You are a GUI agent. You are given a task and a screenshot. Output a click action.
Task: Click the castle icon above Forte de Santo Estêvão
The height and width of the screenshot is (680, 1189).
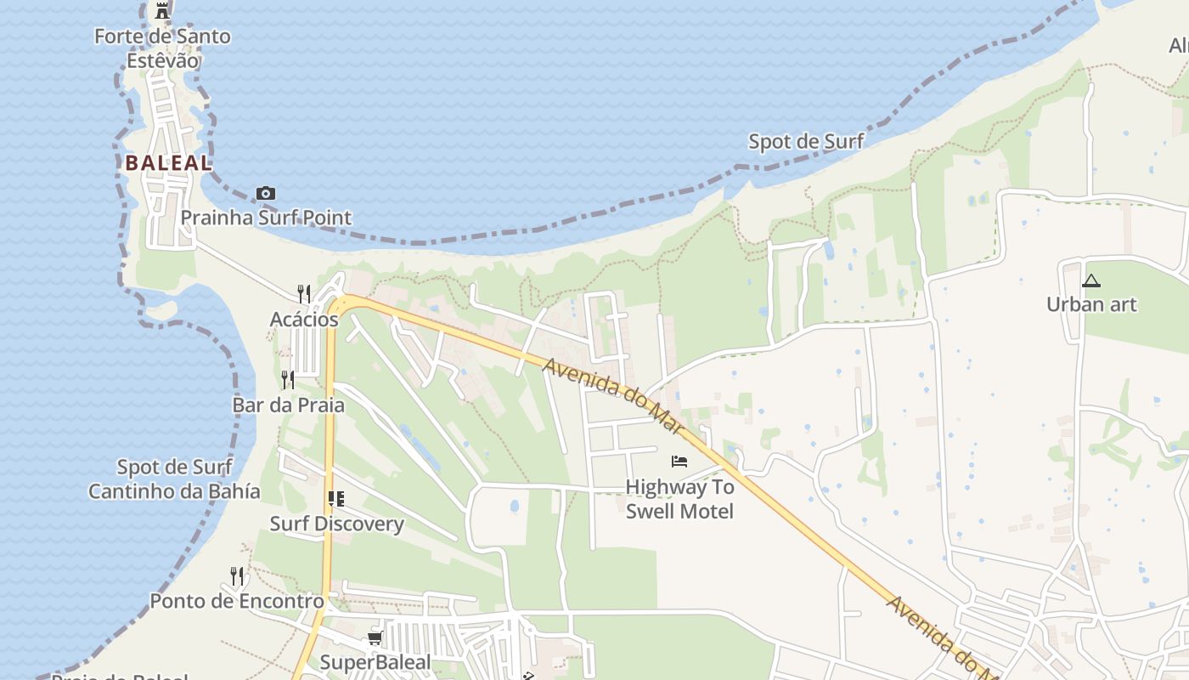(x=162, y=11)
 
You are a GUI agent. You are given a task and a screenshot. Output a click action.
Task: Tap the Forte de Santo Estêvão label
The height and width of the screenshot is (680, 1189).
(x=162, y=48)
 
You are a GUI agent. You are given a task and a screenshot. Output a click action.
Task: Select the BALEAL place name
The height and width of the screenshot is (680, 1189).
(x=168, y=163)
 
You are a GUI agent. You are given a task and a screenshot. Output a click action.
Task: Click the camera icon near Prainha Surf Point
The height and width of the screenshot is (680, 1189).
(x=266, y=194)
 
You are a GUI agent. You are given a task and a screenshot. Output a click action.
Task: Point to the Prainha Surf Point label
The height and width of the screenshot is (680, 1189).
(x=266, y=218)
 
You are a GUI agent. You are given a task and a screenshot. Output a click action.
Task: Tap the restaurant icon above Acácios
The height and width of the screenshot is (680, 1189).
(x=303, y=294)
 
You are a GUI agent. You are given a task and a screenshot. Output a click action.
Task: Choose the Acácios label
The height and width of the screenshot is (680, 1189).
(x=304, y=320)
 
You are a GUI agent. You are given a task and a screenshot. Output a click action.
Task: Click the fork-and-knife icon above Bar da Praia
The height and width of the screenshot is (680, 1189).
(x=289, y=379)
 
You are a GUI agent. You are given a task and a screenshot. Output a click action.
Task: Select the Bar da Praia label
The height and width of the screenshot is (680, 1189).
(x=289, y=405)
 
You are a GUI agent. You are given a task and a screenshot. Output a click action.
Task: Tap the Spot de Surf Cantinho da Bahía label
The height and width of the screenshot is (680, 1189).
(x=175, y=479)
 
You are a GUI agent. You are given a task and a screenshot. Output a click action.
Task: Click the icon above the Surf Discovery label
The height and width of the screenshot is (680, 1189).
(x=336, y=499)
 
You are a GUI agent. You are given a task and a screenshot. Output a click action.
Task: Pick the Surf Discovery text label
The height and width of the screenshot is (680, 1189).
(x=336, y=524)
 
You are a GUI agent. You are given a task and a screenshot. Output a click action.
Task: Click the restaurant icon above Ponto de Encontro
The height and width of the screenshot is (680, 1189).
(x=237, y=576)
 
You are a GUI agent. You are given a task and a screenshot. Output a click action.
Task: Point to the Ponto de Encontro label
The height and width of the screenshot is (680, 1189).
(x=237, y=601)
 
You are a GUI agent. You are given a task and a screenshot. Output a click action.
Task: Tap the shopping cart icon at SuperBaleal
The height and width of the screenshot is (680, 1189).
(x=375, y=637)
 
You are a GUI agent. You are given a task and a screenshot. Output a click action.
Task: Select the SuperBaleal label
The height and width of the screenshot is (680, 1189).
(x=375, y=662)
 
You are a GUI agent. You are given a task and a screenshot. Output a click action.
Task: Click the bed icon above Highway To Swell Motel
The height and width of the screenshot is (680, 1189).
(x=679, y=462)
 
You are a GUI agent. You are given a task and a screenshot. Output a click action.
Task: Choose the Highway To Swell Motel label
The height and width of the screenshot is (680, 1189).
(x=679, y=499)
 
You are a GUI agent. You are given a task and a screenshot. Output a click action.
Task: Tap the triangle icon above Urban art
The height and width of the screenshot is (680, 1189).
(x=1091, y=280)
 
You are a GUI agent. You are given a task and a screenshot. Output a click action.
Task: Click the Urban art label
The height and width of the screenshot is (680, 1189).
(x=1091, y=304)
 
